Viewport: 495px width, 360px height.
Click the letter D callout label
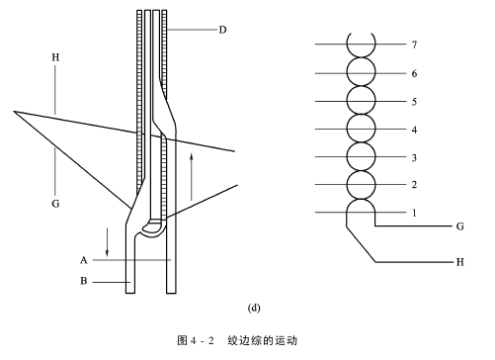222,30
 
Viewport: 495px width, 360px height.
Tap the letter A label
84,260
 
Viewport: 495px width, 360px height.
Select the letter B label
84,281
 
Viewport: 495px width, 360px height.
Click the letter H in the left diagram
55,57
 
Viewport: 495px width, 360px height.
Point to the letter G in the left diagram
55,204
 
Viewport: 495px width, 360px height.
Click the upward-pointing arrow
192,176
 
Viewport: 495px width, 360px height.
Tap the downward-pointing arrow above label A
107,241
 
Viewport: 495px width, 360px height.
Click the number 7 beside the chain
414,45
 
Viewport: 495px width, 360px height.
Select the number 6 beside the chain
414,73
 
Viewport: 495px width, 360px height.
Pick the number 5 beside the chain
414,101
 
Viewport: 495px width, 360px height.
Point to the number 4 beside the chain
414,130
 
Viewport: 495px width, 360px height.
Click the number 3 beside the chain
414,157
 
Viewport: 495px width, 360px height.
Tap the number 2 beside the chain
414,185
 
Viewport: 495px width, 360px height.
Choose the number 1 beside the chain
414,213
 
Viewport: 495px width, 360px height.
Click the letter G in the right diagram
460,226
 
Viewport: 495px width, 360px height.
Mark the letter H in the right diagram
460,262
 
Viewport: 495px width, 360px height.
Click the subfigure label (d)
254,308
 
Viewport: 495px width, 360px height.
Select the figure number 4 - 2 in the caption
202,340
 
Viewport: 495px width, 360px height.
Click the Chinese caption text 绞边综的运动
262,340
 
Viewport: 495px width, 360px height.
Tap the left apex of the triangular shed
14,112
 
